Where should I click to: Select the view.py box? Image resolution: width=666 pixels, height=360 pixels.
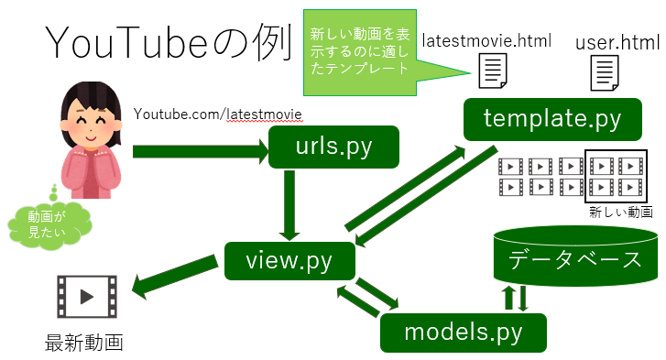coord(289,261)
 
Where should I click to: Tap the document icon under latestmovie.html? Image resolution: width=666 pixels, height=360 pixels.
coord(492,70)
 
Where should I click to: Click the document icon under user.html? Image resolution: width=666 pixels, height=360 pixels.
coord(602,71)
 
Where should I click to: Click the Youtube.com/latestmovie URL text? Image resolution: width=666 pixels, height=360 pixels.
coord(218,113)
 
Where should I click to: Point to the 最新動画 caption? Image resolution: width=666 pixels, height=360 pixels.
coord(84,344)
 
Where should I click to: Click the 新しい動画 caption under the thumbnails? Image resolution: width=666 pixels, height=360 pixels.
coord(621,211)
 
